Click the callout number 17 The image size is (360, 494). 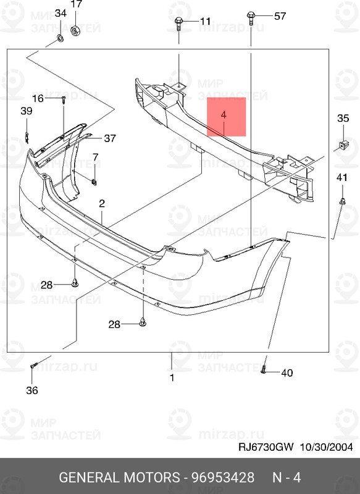pos(77,4)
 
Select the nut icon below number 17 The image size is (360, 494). pos(75,30)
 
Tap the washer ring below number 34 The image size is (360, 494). pos(59,39)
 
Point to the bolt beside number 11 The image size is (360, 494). pos(178,23)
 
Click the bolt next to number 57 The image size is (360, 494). pos(251,18)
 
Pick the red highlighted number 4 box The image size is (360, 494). pos(226,117)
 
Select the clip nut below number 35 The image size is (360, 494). pos(343,145)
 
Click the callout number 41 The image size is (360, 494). pos(342,177)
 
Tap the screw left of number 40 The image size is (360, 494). pos(264,369)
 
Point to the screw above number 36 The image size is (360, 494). pos(34,366)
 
